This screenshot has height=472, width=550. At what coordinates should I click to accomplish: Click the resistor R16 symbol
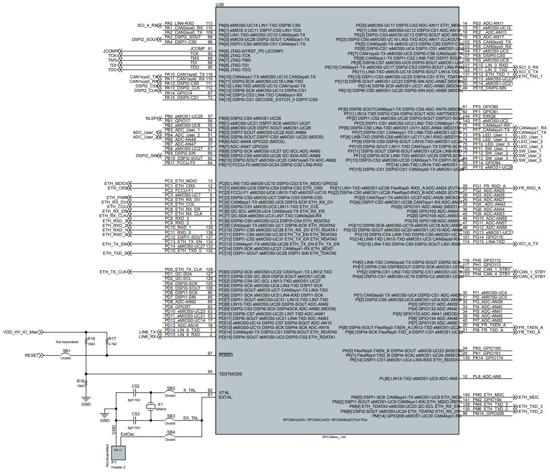[x=86, y=343]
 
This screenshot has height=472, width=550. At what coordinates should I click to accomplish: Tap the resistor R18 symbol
[x=86, y=383]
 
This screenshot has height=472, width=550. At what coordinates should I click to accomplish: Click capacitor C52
[x=135, y=392]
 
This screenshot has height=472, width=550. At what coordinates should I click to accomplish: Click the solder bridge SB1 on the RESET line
[x=66, y=355]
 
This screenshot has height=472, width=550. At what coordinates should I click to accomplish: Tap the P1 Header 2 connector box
[x=117, y=454]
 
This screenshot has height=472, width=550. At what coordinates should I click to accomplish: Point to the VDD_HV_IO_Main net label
[x=21, y=332]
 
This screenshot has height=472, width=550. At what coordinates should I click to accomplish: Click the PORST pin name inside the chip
[x=226, y=355]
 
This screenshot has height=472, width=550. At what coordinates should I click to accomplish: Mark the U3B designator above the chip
[x=220, y=4]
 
